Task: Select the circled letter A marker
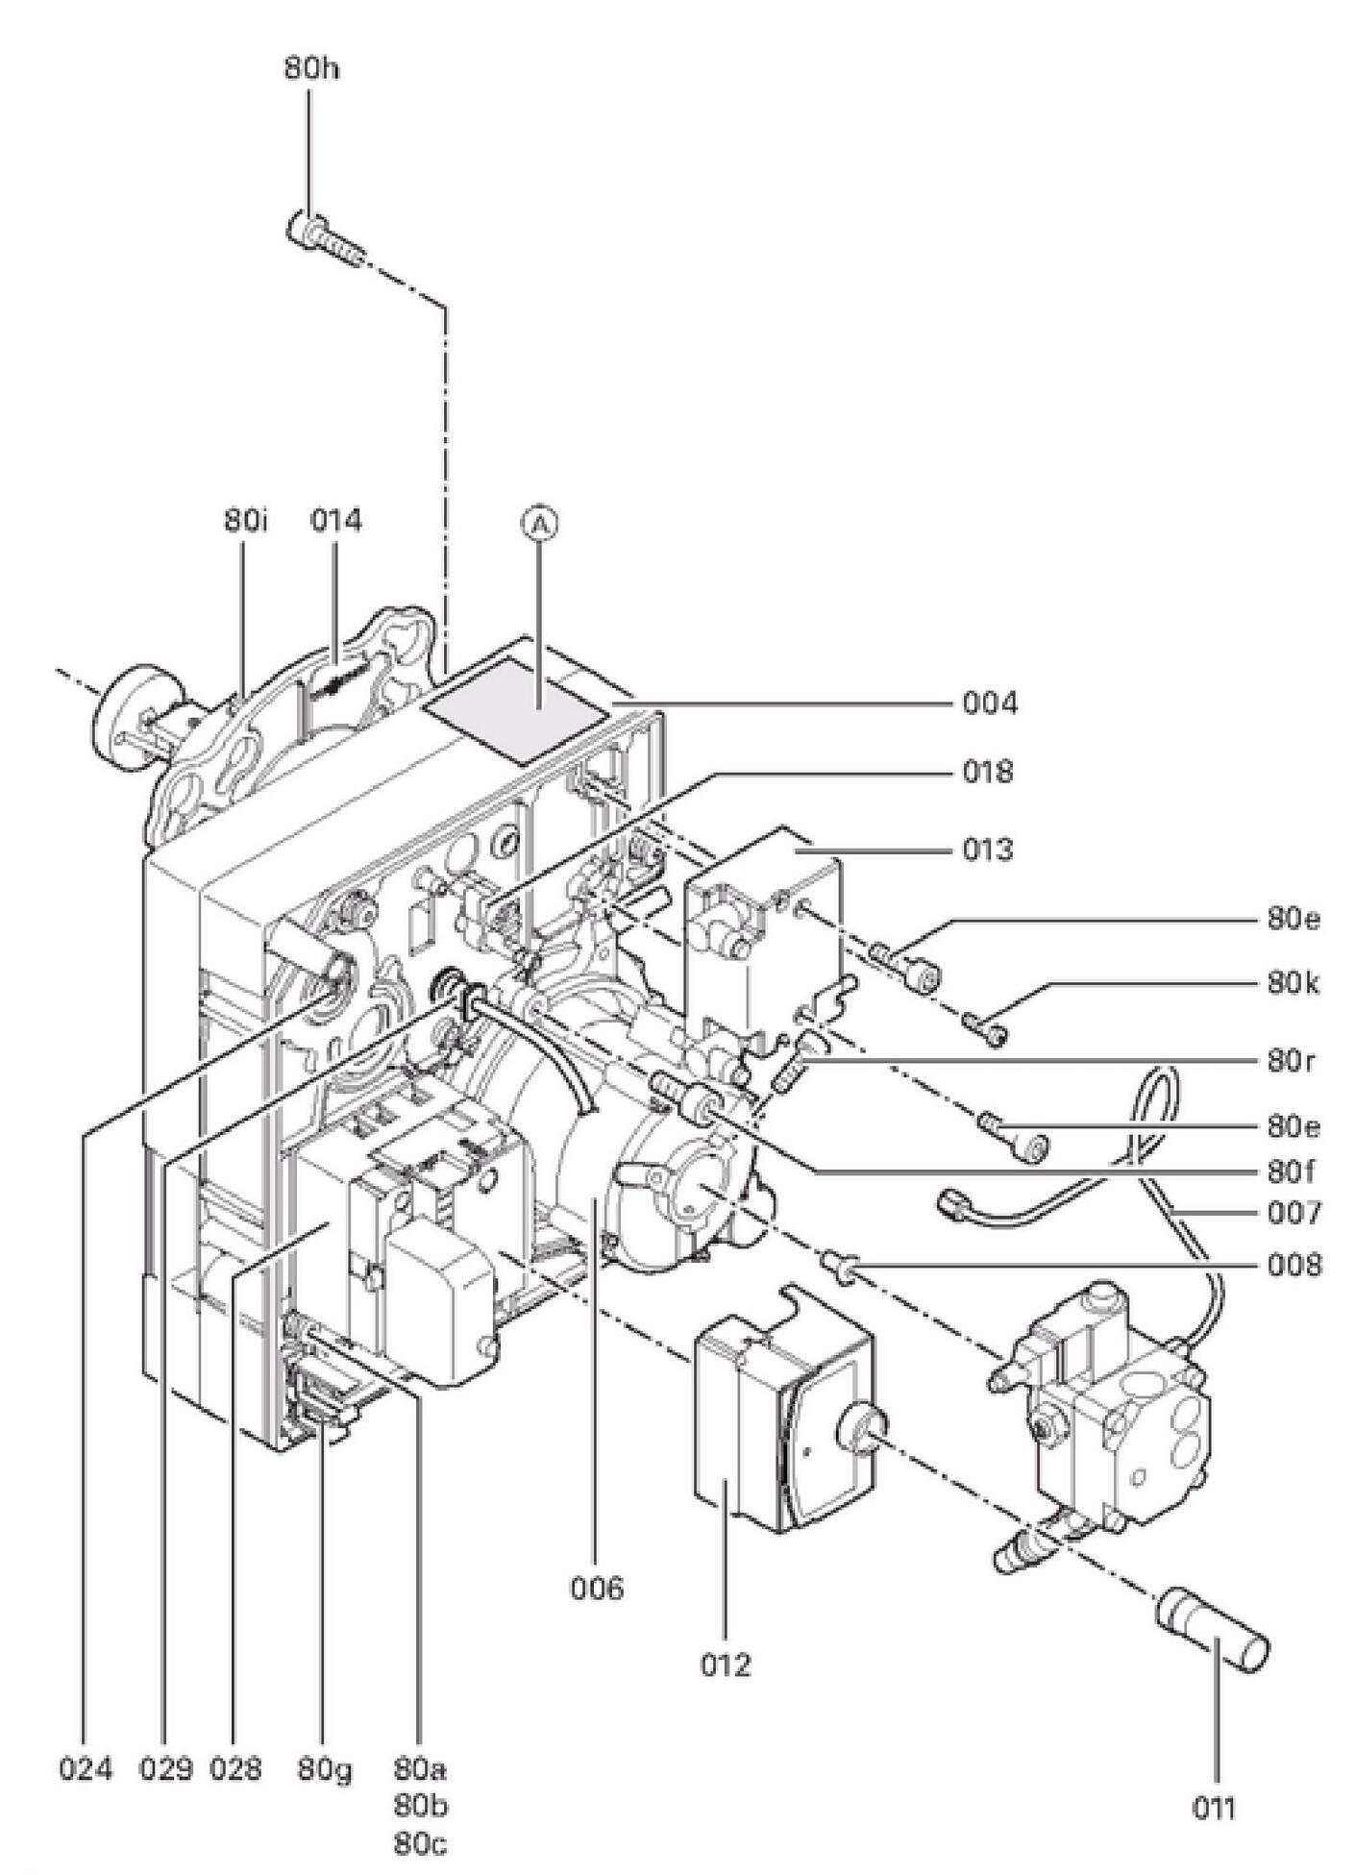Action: pyautogui.click(x=540, y=524)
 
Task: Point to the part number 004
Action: pyautogui.click(x=990, y=704)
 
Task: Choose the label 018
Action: pyautogui.click(x=989, y=772)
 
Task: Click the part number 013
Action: pyautogui.click(x=989, y=851)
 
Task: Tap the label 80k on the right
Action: pyautogui.click(x=1293, y=985)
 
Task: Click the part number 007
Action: pyautogui.click(x=1293, y=1213)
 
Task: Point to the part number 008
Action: pyautogui.click(x=1293, y=1266)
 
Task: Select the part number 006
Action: pyautogui.click(x=597, y=1588)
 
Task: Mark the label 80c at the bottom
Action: pyautogui.click(x=420, y=1844)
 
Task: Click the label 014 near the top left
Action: pyautogui.click(x=336, y=521)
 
